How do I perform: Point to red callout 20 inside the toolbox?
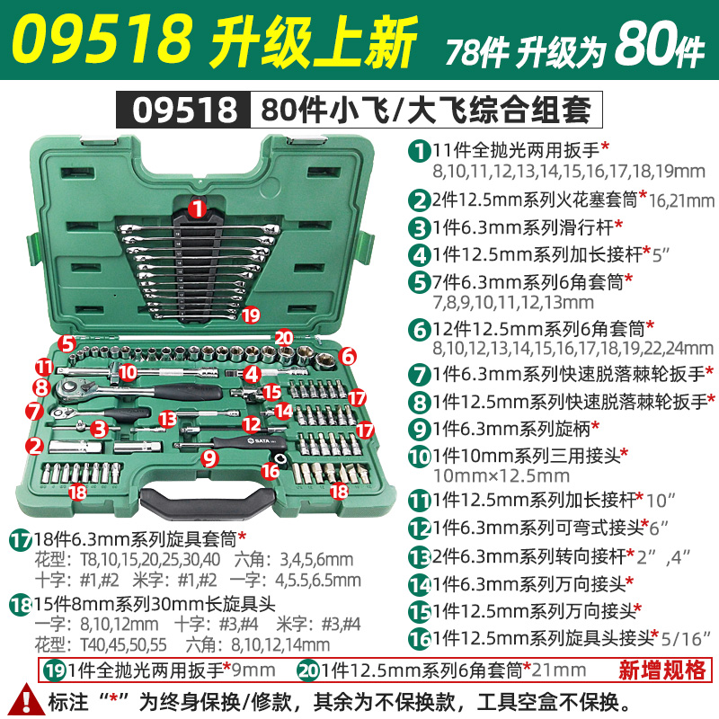click(285, 336)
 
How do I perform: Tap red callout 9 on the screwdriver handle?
click(210, 457)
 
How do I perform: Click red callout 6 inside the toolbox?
click(346, 356)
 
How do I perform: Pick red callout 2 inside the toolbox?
click(35, 444)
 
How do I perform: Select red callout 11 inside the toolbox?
click(44, 366)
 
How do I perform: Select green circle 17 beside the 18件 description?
click(20, 540)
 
